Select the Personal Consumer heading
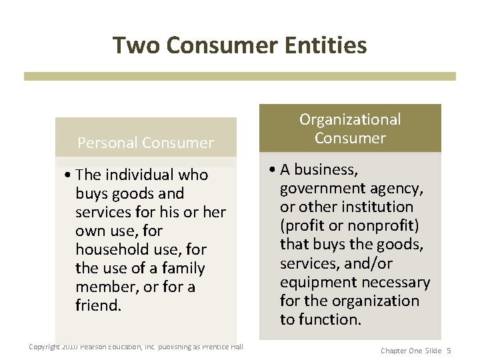click(x=145, y=143)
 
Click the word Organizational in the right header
click(x=350, y=119)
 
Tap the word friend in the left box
click(x=97, y=305)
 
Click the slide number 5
click(x=449, y=350)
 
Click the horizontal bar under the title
click(x=240, y=76)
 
